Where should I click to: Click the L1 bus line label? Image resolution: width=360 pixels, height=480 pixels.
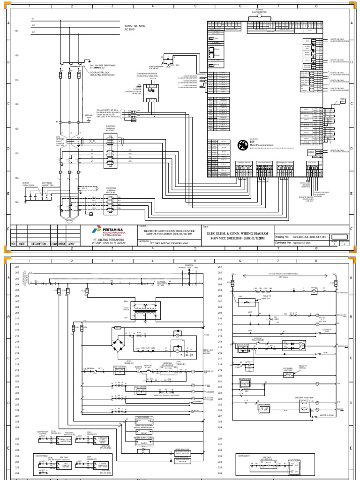click(33, 19)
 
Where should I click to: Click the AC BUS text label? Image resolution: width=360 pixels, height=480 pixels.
click(129, 30)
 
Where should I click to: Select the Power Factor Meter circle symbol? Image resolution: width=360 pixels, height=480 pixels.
click(259, 15)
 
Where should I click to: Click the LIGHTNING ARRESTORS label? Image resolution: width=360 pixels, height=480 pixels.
click(48, 185)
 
